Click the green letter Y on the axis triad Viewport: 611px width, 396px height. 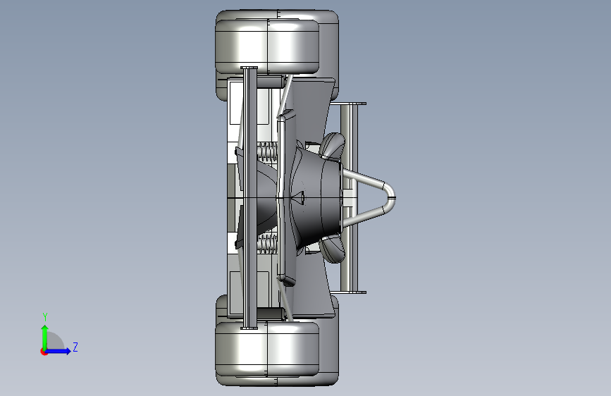click(45, 317)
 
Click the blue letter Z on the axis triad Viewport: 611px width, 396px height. click(75, 347)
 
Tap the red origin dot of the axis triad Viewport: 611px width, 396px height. click(44, 352)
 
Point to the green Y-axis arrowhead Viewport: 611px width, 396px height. click(45, 328)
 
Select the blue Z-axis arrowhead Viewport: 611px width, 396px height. click(68, 351)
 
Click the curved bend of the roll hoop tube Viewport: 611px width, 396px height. click(390, 197)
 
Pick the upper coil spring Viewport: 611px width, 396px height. click(267, 151)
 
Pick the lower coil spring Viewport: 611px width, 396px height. click(267, 244)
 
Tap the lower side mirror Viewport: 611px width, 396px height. click(333, 249)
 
